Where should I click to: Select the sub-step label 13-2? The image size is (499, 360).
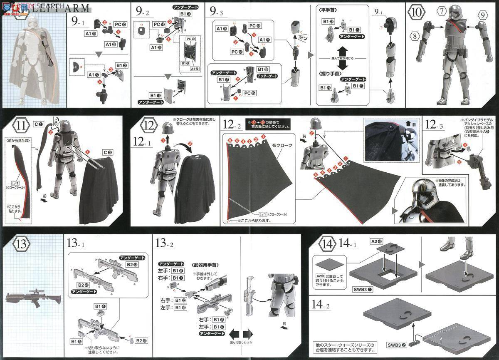click(x=164, y=243)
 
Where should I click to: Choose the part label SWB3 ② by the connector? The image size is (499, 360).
click(x=398, y=345)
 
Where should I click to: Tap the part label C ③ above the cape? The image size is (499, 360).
click(x=107, y=153)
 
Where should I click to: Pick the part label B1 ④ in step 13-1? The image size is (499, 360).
click(x=100, y=306)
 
